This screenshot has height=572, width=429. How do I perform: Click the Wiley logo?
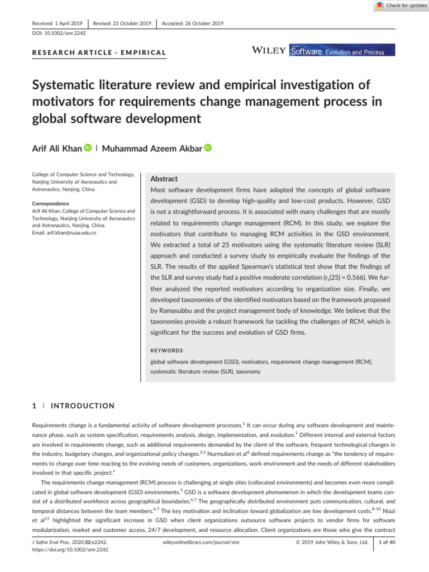(x=269, y=51)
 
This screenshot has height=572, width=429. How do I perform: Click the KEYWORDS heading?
(x=167, y=351)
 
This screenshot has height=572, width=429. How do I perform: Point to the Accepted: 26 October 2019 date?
(x=192, y=23)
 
